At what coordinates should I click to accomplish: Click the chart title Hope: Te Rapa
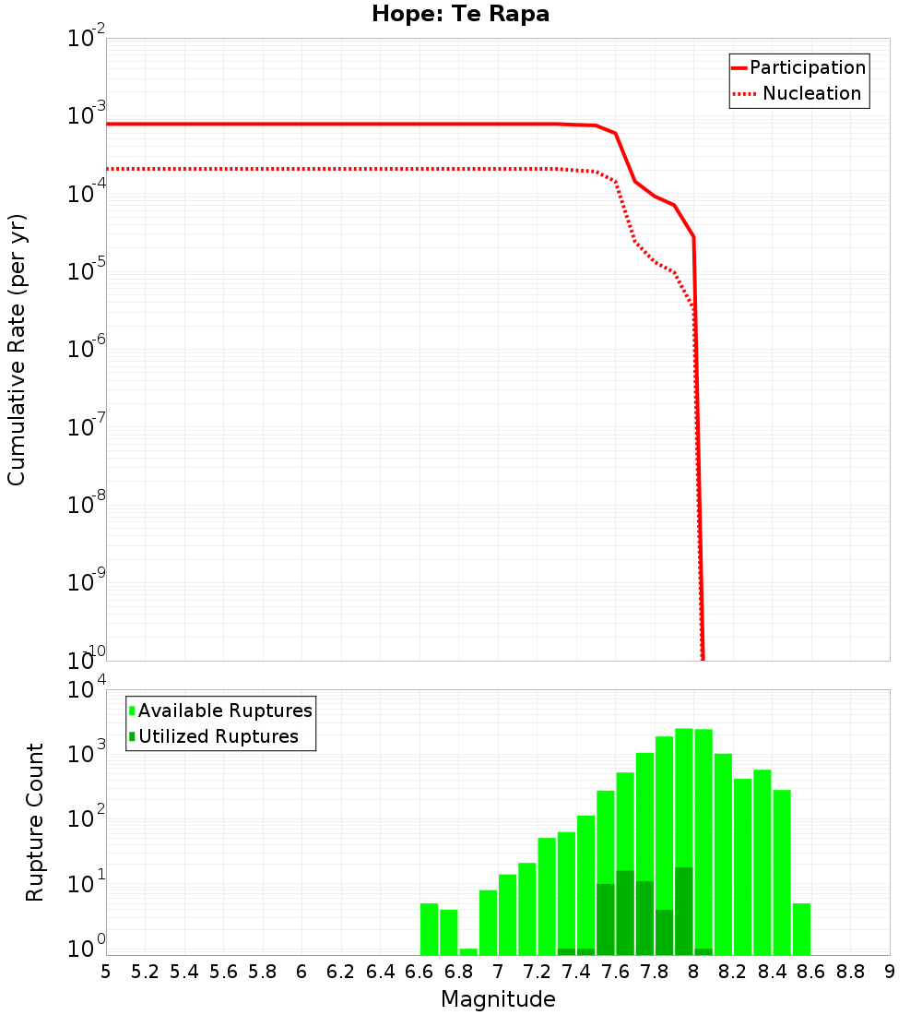pos(460,15)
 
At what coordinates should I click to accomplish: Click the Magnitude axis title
pos(498,999)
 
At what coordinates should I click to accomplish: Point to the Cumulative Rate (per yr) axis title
pos(17,350)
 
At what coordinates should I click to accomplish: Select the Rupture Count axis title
pos(35,822)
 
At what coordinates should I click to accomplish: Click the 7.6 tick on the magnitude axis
pos(616,972)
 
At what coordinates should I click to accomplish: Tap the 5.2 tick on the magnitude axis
pos(146,972)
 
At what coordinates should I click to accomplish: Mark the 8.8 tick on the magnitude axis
pos(851,972)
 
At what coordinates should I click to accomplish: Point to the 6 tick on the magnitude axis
pos(301,972)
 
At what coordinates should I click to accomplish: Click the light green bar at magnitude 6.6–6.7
pos(429,929)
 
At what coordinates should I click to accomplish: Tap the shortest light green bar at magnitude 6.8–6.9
pos(468,951)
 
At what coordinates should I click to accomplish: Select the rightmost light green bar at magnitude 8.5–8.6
pos(801,929)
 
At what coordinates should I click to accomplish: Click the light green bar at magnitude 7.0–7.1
pos(507,914)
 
